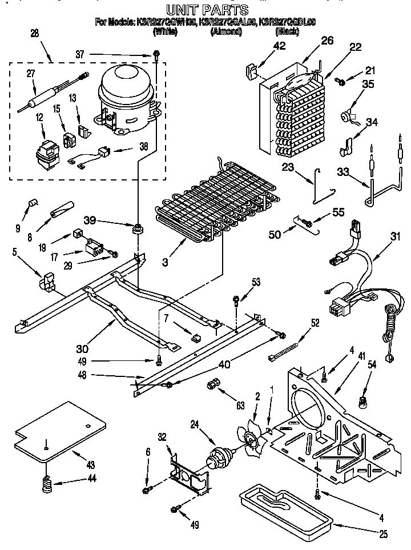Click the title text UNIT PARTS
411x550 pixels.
[x=207, y=10]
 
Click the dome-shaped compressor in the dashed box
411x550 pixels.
[x=126, y=94]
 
